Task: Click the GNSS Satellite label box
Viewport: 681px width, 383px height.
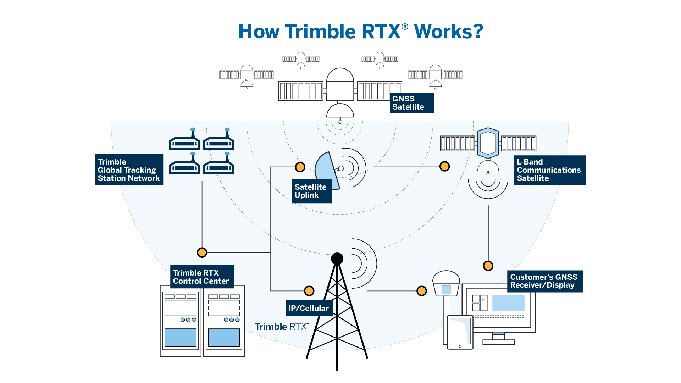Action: click(411, 103)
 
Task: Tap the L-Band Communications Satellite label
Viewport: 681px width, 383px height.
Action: click(549, 170)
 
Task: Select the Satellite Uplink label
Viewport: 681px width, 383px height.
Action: click(311, 191)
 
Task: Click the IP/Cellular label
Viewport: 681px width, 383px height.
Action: click(309, 308)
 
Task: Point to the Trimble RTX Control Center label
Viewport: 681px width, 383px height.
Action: click(201, 277)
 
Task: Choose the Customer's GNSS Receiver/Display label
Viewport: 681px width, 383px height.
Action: click(545, 281)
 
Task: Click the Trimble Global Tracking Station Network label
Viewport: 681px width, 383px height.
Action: click(129, 170)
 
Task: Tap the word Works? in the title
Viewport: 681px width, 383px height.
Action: click(449, 32)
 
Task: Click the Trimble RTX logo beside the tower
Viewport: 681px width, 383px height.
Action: click(281, 327)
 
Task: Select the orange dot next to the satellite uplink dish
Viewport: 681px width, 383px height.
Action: click(300, 167)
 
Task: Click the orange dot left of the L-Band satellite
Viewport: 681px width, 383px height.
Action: click(444, 166)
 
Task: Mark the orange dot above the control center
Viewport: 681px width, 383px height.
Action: click(202, 252)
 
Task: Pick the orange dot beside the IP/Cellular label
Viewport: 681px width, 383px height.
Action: click(309, 291)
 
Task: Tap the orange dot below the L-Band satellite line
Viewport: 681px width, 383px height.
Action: click(488, 266)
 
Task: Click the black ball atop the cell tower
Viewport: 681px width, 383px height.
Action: click(337, 259)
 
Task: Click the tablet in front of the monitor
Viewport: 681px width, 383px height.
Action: click(460, 332)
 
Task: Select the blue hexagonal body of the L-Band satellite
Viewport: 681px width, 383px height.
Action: click(488, 143)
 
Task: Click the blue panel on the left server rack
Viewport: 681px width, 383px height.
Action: click(181, 337)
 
